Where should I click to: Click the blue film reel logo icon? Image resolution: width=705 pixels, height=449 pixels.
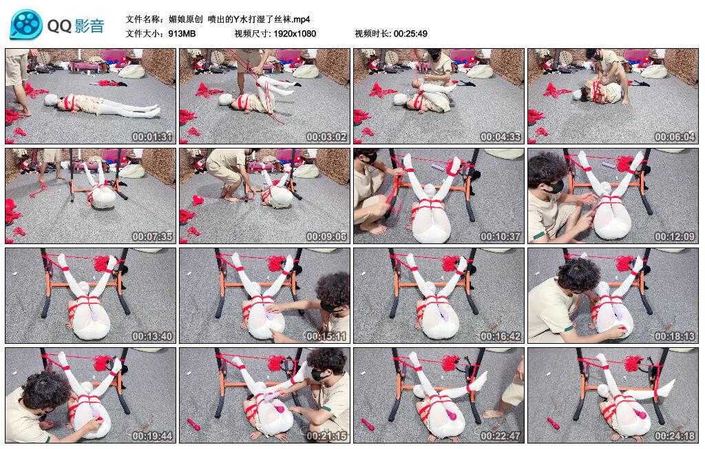click(x=26, y=25)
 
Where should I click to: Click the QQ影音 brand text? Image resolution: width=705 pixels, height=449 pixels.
click(x=76, y=25)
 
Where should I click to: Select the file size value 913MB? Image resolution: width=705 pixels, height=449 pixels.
click(x=182, y=34)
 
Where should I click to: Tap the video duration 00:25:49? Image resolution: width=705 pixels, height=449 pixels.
click(x=410, y=34)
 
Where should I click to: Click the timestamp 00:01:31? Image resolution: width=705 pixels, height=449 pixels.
click(x=152, y=137)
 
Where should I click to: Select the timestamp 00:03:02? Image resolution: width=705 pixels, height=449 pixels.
click(x=326, y=137)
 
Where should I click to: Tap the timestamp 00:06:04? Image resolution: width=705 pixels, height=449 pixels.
click(x=675, y=137)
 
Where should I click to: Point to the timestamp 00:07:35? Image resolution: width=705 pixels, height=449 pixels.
click(x=152, y=236)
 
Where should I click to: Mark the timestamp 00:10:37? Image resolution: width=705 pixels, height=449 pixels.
click(x=501, y=236)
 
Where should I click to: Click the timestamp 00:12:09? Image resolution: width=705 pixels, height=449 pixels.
click(x=675, y=236)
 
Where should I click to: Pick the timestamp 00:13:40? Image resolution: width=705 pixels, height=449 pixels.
click(x=152, y=336)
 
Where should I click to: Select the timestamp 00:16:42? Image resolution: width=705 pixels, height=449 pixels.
click(x=501, y=336)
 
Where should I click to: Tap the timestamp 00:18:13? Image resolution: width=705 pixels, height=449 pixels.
click(x=675, y=336)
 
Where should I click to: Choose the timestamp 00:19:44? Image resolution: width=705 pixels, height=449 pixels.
click(x=152, y=435)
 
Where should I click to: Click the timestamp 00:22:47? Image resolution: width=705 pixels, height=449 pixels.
click(x=501, y=435)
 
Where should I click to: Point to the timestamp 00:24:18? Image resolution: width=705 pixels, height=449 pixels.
click(x=675, y=435)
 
